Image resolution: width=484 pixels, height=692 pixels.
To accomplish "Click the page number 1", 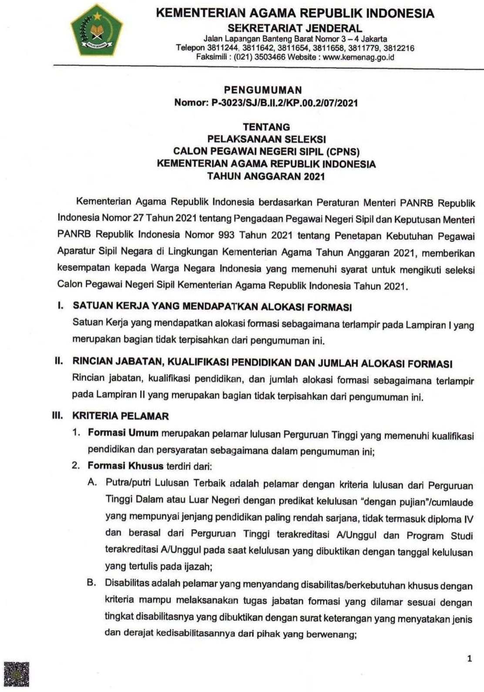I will (469, 659).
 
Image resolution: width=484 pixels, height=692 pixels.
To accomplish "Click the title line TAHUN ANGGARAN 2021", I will (266, 177).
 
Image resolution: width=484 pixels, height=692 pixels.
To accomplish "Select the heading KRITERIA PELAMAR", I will (120, 416).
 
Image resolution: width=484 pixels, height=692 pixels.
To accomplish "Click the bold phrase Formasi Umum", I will (122, 433).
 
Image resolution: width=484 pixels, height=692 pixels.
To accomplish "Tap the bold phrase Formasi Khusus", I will (125, 466).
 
